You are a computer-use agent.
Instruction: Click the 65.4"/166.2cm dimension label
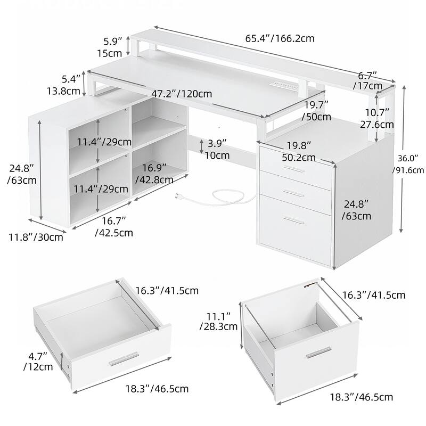pos(280,38)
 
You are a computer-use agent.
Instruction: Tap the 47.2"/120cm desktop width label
pos(182,94)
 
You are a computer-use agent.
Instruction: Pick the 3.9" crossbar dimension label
pos(216,150)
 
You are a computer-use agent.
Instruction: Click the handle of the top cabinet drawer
pos(293,169)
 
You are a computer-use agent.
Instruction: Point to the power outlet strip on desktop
pos(276,85)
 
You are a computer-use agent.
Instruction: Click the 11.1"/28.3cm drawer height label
pos(218,321)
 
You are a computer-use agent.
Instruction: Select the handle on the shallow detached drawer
pos(124,359)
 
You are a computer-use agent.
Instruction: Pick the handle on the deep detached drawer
pos(318,354)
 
